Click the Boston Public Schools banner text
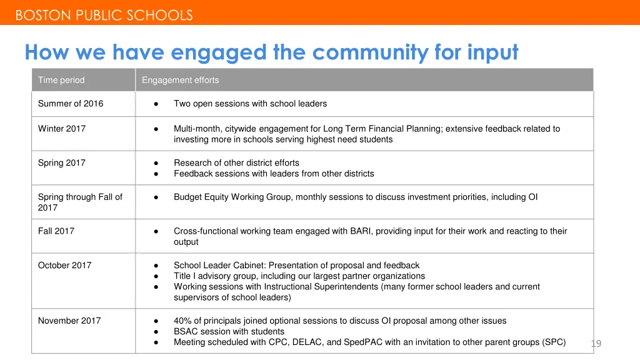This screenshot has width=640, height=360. (104, 16)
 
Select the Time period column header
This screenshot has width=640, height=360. (61, 80)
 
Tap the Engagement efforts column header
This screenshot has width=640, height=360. (181, 80)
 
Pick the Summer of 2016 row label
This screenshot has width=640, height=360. (71, 104)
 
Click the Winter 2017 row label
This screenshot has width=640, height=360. (62, 129)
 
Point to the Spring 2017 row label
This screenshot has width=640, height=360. (62, 163)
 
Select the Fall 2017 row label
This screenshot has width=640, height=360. (56, 231)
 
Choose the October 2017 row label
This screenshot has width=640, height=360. (64, 266)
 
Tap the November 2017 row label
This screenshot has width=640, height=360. (69, 321)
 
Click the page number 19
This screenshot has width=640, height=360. (596, 343)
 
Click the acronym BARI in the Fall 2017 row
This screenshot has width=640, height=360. (362, 231)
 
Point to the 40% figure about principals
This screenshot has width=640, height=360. (183, 321)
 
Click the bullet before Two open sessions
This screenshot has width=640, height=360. (156, 104)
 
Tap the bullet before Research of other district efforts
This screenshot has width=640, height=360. (156, 163)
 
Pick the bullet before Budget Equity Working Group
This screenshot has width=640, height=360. (156, 197)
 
